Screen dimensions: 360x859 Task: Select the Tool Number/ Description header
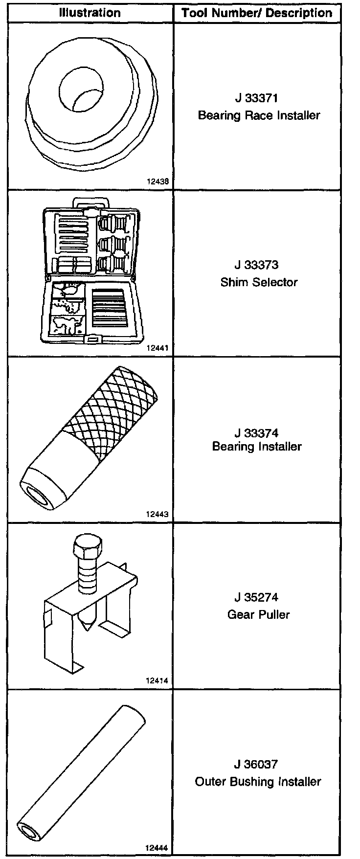click(x=258, y=13)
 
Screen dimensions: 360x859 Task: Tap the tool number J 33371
click(x=257, y=98)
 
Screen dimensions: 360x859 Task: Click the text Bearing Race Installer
click(x=259, y=115)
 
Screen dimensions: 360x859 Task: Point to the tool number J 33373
click(x=257, y=265)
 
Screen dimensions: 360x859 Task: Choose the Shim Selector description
click(x=259, y=282)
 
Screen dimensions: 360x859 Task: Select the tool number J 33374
click(x=257, y=433)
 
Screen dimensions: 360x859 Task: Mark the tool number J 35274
click(x=257, y=597)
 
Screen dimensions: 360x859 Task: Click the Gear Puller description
click(x=259, y=614)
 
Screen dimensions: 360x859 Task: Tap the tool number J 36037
click(x=257, y=764)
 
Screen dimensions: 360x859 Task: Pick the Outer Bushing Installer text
click(x=258, y=782)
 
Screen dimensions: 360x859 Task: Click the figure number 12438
click(x=157, y=181)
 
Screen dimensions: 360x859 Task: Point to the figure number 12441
click(x=157, y=348)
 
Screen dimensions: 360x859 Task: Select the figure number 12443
click(x=157, y=514)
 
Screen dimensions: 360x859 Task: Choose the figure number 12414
click(x=157, y=680)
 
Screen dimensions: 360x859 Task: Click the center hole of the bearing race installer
click(x=82, y=88)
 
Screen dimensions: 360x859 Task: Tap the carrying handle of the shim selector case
click(x=90, y=202)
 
